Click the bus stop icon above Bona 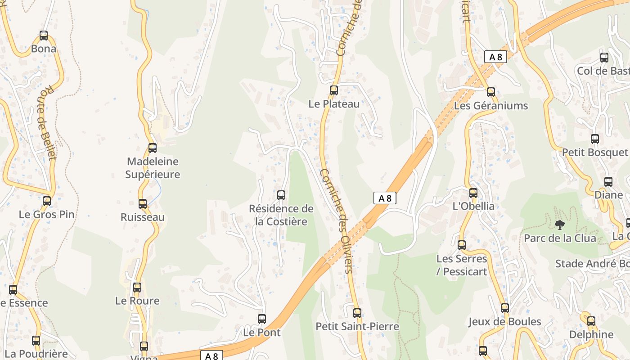click(44, 35)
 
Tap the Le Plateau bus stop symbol click(334, 90)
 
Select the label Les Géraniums click(491, 106)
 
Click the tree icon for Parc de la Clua click(560, 224)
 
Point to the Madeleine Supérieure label click(153, 168)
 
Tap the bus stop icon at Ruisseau click(143, 203)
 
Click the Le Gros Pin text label click(47, 214)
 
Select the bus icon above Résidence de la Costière click(281, 195)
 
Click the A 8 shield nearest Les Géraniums click(495, 57)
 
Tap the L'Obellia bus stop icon click(473, 193)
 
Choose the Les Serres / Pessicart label click(462, 265)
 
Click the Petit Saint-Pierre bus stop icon click(357, 312)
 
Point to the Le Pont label click(261, 333)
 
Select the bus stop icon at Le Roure click(137, 287)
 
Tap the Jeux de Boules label click(504, 321)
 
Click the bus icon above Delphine click(591, 321)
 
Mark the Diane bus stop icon click(608, 181)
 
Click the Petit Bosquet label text click(594, 153)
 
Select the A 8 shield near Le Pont click(211, 356)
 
